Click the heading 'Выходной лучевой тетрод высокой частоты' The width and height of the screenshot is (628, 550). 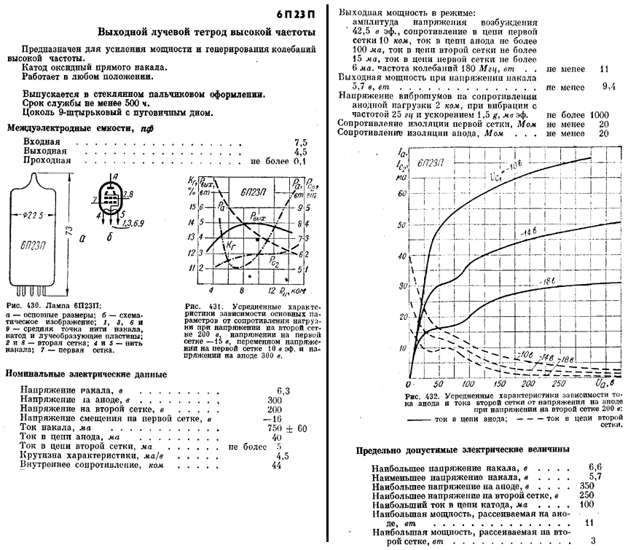pos(207,33)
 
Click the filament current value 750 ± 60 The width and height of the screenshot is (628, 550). pos(290,428)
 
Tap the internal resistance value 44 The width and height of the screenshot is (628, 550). pos(277,465)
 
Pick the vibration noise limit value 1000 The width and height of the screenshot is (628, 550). pos(600,114)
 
